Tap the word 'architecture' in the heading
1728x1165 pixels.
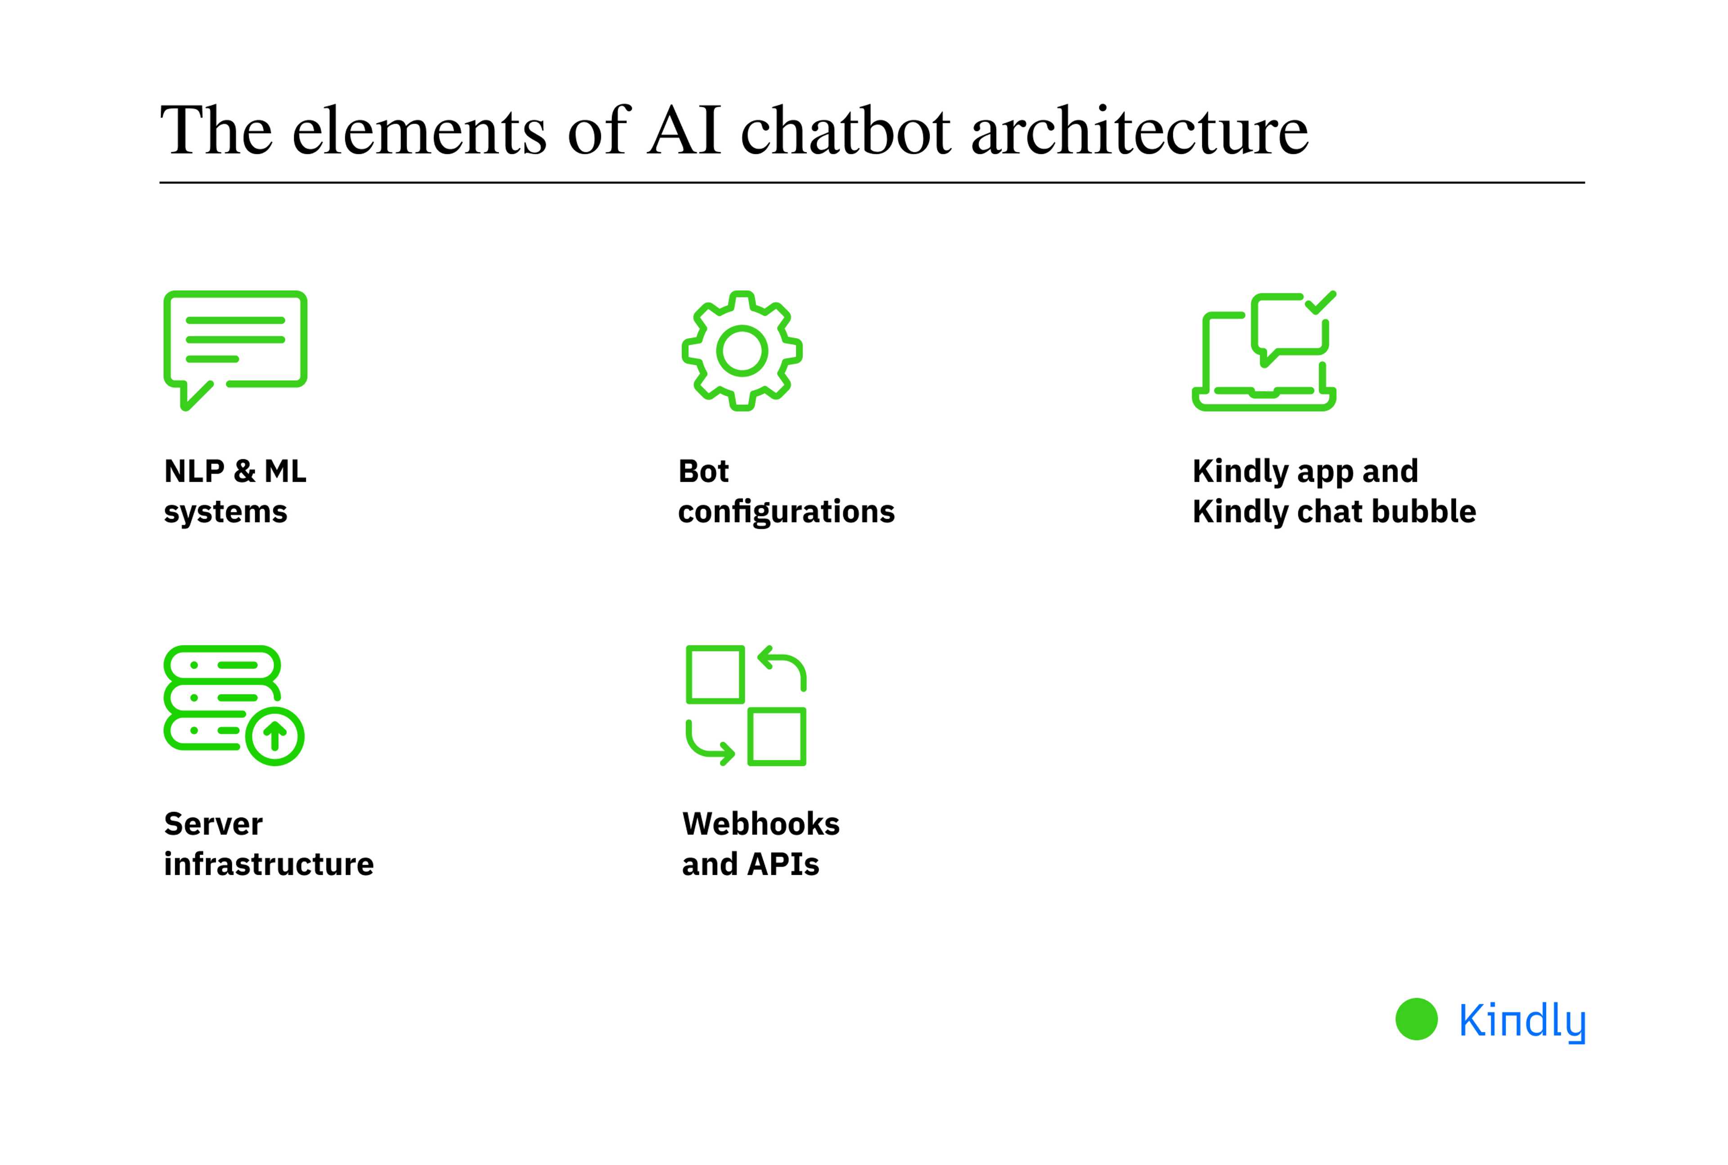click(x=1139, y=131)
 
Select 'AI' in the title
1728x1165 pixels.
click(x=684, y=131)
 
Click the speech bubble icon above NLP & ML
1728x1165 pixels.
click(x=235, y=348)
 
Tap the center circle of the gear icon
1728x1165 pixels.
click(x=742, y=351)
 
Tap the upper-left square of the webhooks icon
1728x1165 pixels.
click(x=715, y=674)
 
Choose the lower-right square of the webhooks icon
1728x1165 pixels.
click(x=777, y=736)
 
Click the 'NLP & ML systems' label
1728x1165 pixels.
click(x=235, y=491)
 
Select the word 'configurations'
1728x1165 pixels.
click(x=786, y=512)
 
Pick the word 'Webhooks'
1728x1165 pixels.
click(x=761, y=824)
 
